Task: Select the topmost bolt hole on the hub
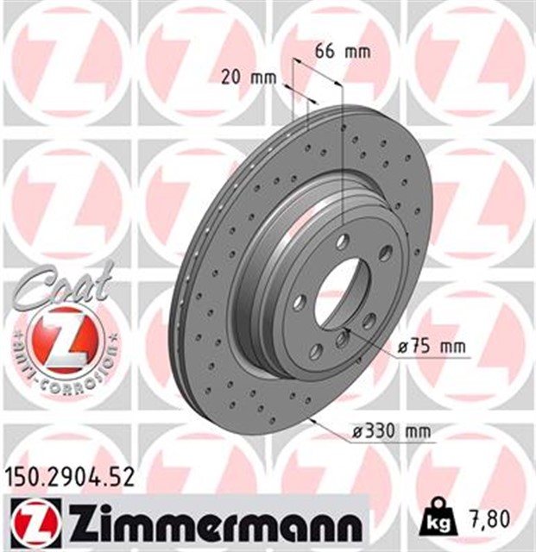(x=344, y=242)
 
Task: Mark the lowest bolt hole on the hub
(x=316, y=350)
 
